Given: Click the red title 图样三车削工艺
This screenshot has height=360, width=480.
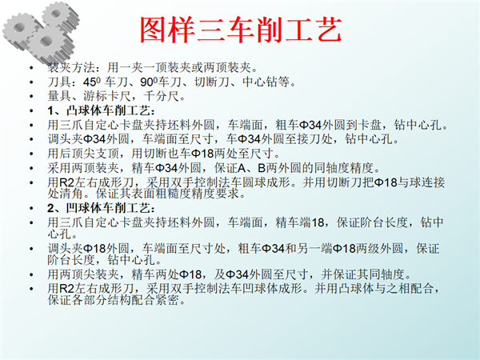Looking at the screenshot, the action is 241,30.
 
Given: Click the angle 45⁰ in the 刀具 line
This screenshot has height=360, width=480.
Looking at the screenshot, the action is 92,82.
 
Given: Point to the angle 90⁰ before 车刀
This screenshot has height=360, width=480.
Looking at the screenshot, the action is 149,82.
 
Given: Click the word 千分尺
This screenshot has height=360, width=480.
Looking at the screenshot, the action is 161,96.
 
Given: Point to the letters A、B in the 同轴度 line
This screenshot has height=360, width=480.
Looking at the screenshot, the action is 251,168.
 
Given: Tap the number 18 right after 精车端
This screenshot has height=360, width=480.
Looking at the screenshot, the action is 318,222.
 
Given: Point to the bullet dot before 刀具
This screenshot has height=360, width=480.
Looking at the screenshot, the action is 31,82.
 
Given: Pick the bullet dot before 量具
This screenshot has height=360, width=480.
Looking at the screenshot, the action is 31,97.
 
